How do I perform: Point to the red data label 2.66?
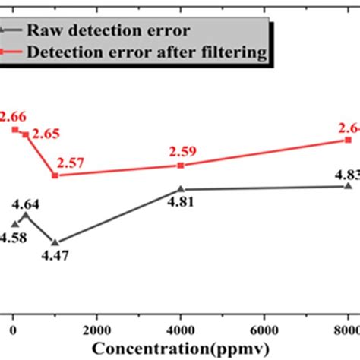pos(12,116)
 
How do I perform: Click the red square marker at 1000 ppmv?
pos(55,175)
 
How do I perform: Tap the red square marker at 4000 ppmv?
pos(180,165)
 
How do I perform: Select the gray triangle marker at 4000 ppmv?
pos(180,189)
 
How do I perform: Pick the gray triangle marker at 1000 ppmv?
pos(55,242)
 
